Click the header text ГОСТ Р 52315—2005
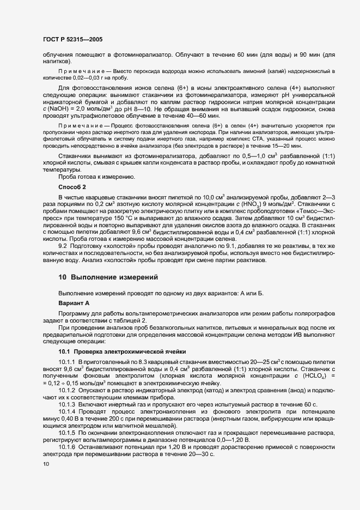click(x=72, y=40)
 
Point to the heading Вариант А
click(x=74, y=302)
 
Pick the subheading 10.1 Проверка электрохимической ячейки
click(x=123, y=352)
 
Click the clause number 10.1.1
click(x=68, y=362)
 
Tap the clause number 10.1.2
click(x=68, y=391)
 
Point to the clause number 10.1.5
click(x=68, y=432)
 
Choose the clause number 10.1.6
click(x=68, y=447)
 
